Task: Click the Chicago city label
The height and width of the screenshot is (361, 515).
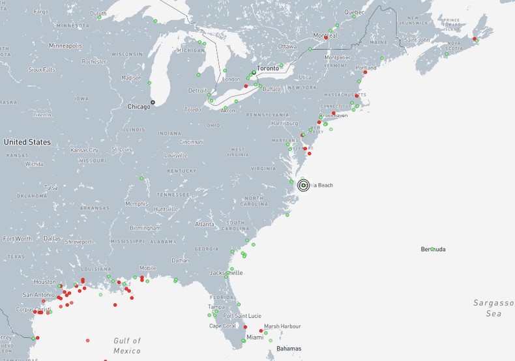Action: [x=138, y=106]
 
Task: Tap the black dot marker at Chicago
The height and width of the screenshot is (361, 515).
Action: [x=153, y=102]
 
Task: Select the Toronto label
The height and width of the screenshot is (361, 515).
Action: [x=267, y=68]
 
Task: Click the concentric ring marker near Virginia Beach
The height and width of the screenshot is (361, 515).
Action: [x=304, y=186]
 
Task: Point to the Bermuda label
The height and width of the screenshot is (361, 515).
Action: [x=434, y=249]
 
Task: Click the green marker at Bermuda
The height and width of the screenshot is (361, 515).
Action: [x=432, y=249]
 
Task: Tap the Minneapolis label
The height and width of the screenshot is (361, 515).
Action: [x=65, y=46]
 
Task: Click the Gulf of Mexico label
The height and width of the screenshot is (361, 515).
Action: [x=127, y=345]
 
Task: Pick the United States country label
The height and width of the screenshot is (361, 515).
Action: [x=27, y=141]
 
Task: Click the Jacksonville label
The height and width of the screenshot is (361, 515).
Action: [x=226, y=272]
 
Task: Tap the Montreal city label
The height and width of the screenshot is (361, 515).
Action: [x=325, y=35]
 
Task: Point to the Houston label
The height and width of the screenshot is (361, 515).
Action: [x=45, y=282]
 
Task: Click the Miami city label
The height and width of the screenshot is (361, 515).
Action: [x=255, y=337]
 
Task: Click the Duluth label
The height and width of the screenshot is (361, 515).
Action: [x=98, y=13]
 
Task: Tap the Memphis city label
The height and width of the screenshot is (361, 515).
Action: [x=136, y=203]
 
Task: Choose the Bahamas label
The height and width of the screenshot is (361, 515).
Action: [x=289, y=349]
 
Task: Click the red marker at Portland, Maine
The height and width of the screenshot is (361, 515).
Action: [x=365, y=72]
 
